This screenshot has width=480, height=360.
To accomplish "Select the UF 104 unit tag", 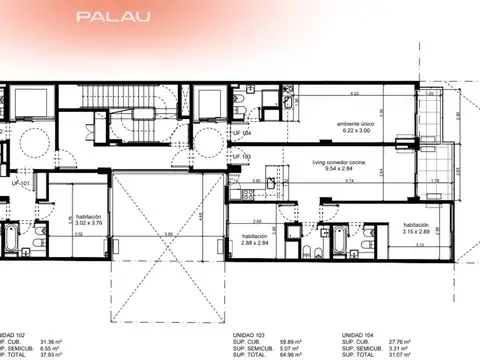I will point(241,132).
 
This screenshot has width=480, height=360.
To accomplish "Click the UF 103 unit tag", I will point(241,157).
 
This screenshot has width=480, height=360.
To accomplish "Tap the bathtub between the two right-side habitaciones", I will point(337,241).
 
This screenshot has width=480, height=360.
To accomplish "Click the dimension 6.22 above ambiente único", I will point(353,93).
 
